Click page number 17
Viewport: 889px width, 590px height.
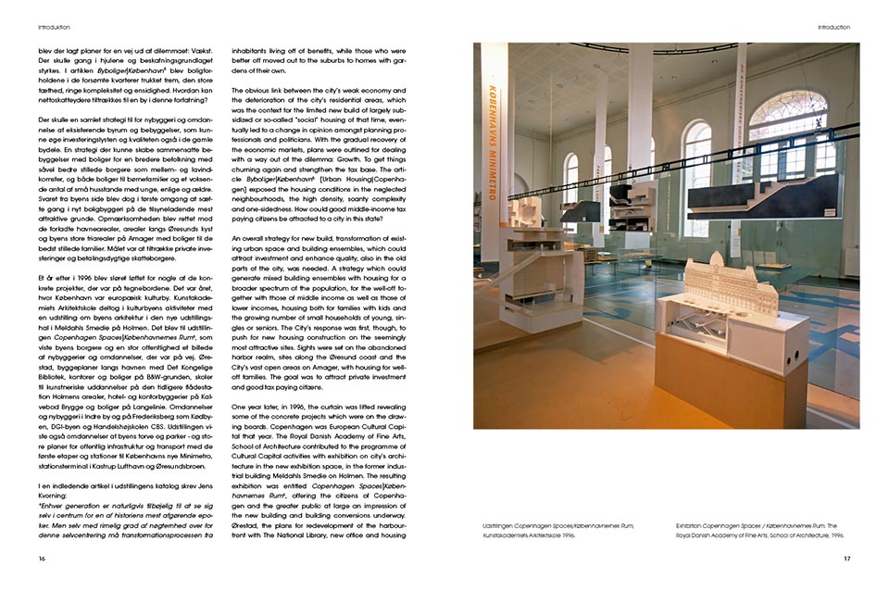tap(846, 559)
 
